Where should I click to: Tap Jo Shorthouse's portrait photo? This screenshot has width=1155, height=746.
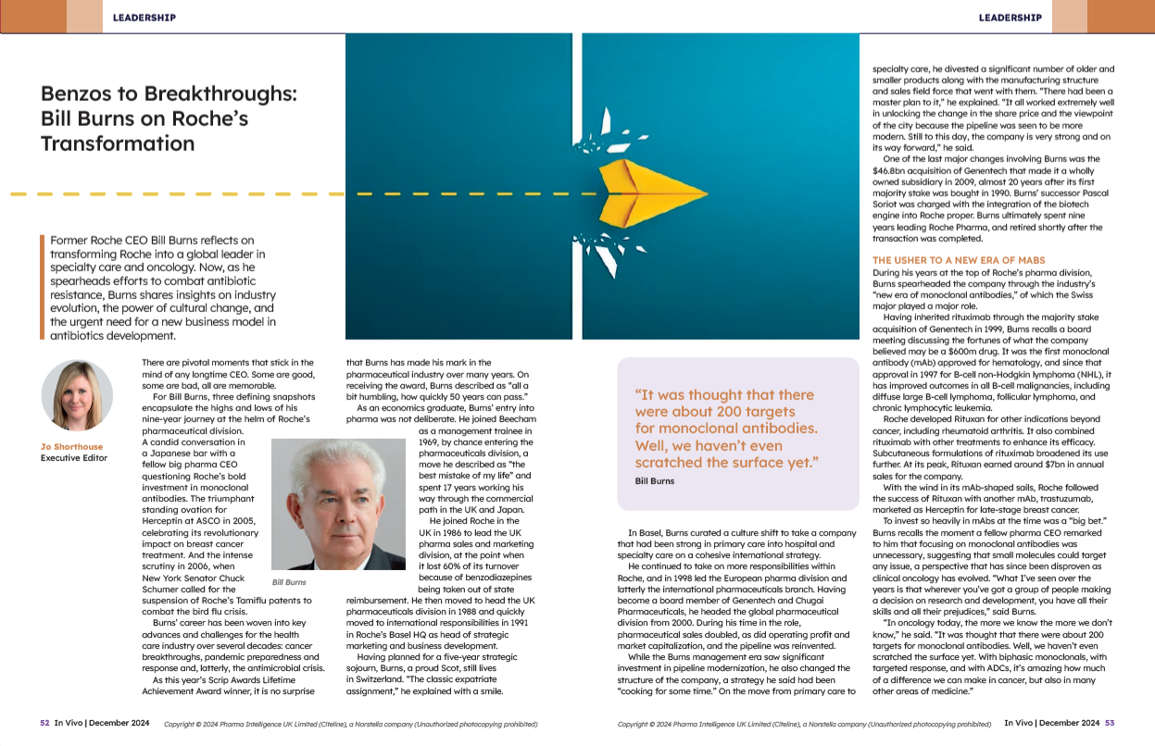coord(77,394)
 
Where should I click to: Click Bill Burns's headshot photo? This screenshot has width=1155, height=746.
coord(333,504)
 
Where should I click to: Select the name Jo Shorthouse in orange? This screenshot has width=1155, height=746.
coord(71,447)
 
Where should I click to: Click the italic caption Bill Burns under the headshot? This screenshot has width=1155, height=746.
coord(289,582)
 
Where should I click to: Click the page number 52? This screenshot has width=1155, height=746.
coord(44,723)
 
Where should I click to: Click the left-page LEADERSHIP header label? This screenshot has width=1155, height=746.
coord(144,17)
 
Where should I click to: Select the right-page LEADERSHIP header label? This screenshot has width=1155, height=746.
coord(1010,17)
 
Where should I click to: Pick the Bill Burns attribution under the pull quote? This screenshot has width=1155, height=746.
coord(655,481)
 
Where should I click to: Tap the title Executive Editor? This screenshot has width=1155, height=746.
coord(74,458)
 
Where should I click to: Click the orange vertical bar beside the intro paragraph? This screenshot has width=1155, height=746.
coord(42,288)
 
